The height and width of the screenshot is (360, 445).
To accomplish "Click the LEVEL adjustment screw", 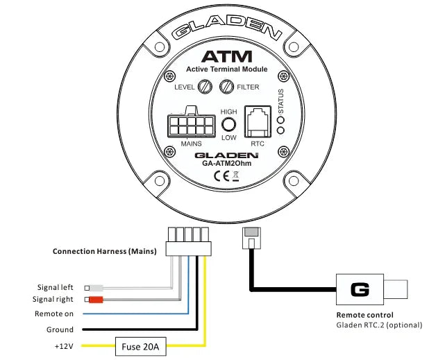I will [x=205, y=87].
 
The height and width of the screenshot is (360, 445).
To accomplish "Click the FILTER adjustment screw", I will [x=226, y=87].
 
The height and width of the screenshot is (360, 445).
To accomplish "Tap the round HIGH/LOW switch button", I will [x=228, y=125].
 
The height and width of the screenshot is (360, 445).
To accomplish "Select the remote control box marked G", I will [x=360, y=288].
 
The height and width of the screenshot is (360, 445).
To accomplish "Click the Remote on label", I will [x=55, y=314].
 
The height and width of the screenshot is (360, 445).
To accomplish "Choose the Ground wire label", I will [x=60, y=329].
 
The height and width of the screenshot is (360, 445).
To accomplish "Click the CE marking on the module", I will [x=222, y=176].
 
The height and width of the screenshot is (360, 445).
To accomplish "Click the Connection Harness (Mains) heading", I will [x=104, y=251].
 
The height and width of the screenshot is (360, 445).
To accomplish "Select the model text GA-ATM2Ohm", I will [x=227, y=164].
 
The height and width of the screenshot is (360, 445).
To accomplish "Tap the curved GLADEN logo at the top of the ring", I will [x=226, y=30].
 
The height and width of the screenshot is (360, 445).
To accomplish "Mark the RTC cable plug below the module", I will [x=251, y=239].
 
